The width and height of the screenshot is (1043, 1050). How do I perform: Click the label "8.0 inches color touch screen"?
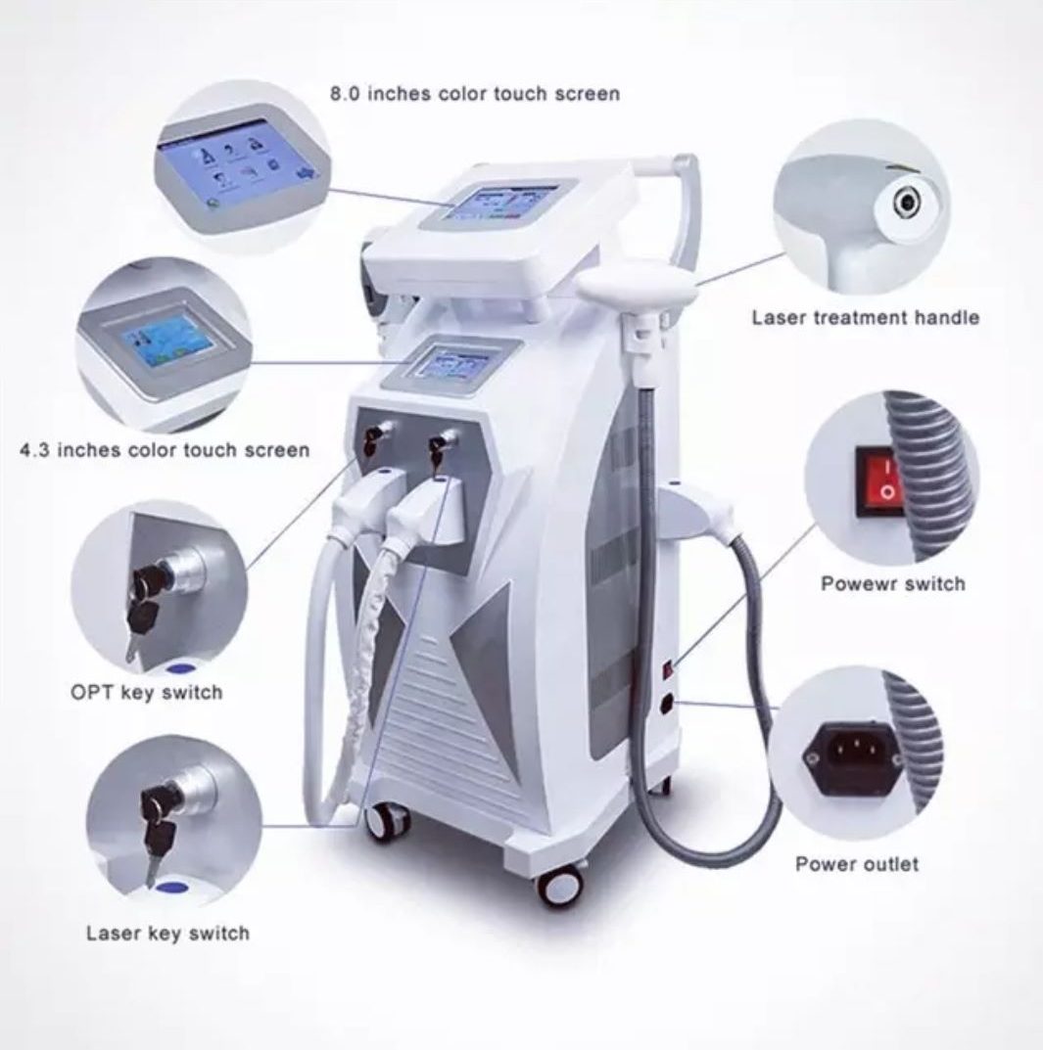pyautogui.click(x=474, y=95)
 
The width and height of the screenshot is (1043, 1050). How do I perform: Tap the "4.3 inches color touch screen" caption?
pyautogui.click(x=165, y=451)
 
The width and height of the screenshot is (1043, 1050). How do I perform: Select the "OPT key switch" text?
pyautogui.click(x=146, y=692)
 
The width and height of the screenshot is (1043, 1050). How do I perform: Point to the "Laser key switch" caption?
pyautogui.click(x=167, y=933)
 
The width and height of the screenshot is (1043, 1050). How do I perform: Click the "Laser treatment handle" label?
pyautogui.click(x=865, y=317)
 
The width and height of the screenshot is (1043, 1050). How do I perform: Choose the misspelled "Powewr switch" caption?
pyautogui.click(x=892, y=584)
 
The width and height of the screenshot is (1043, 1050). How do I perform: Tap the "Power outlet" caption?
pyautogui.click(x=857, y=864)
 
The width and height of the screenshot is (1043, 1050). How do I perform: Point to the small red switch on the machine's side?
pyautogui.click(x=669, y=670)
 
